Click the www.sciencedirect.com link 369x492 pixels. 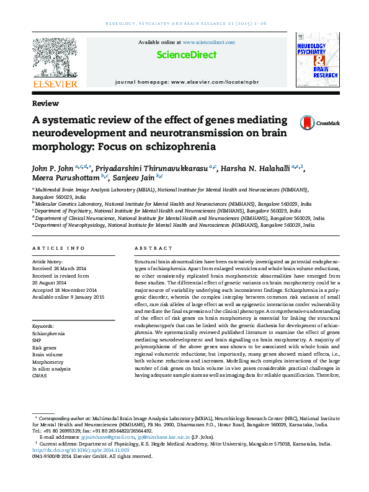(x=208, y=42)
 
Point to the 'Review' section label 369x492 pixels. (x=45, y=103)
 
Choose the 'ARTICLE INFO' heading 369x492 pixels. (x=59, y=248)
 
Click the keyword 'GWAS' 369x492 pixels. (x=39, y=376)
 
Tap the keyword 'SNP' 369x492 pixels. (x=37, y=340)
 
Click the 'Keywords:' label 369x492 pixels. (x=43, y=326)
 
